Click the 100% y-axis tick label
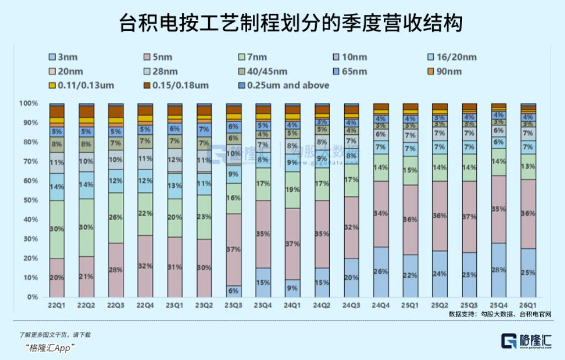coord(28,103)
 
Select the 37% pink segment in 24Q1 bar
coord(292,244)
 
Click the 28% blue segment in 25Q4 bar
coord(499,270)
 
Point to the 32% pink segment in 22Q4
coord(145,266)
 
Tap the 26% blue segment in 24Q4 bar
coord(381,272)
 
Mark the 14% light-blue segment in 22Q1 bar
coord(57,187)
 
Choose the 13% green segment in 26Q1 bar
coord(529,167)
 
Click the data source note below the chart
coord(500,314)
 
